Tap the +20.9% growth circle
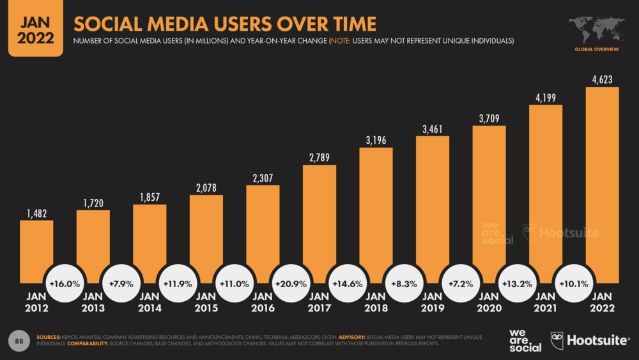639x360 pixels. pyautogui.click(x=291, y=283)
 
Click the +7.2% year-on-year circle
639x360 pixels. pyautogui.click(x=459, y=283)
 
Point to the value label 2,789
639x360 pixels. pyautogui.click(x=319, y=157)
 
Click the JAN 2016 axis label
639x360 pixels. pyautogui.click(x=262, y=302)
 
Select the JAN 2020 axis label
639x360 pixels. pyautogui.click(x=488, y=302)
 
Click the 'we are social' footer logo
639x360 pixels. pyautogui.click(x=525, y=341)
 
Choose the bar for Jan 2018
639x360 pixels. pyautogui.click(x=376, y=214)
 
